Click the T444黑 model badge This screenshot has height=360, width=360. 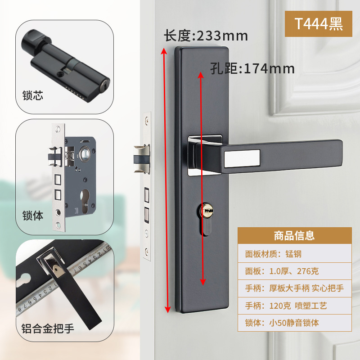(319, 23)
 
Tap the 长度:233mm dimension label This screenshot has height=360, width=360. (206, 36)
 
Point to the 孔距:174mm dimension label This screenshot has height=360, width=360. (252, 68)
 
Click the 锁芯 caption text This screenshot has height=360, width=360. (33, 96)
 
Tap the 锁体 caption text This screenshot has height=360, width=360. (33, 216)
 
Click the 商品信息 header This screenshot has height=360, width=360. (294, 235)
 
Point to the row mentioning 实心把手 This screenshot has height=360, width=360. (294, 288)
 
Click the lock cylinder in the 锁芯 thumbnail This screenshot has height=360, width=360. (67, 67)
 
